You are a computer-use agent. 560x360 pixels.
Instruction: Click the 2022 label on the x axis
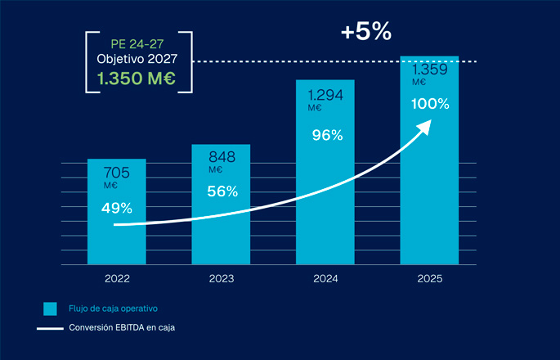click(117, 279)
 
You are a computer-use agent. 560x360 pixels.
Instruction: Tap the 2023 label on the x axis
click(221, 279)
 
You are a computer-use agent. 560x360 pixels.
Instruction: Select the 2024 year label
click(325, 279)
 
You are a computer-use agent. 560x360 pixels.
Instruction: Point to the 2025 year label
click(429, 279)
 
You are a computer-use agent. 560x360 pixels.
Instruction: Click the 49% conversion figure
click(117, 208)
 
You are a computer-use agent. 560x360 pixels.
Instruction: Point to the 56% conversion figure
click(222, 191)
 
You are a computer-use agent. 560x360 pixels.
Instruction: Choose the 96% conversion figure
click(326, 136)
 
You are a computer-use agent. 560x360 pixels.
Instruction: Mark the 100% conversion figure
click(430, 104)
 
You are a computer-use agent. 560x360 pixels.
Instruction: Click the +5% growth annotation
click(367, 32)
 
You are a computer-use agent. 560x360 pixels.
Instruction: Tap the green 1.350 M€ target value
click(137, 79)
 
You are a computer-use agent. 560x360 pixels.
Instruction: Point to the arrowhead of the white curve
click(426, 124)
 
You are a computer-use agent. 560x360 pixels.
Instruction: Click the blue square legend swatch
click(51, 308)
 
